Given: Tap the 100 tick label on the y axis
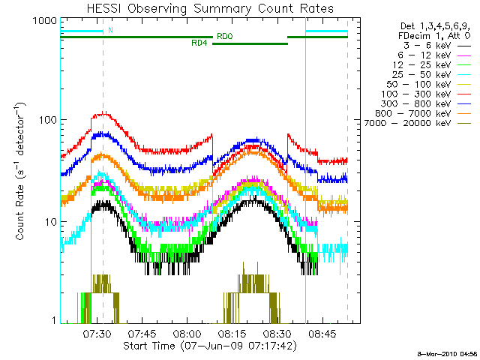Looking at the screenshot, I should (46, 121).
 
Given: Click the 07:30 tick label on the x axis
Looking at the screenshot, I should (97, 334).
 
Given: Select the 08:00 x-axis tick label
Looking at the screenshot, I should (187, 334).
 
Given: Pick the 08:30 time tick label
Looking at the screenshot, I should (277, 334).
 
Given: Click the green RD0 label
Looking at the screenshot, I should (223, 36).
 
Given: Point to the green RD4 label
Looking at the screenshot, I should (199, 43).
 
